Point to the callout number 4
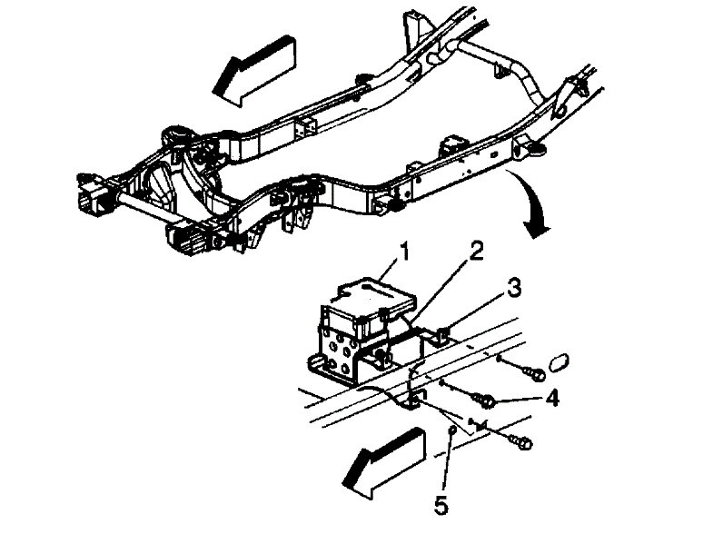552,398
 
